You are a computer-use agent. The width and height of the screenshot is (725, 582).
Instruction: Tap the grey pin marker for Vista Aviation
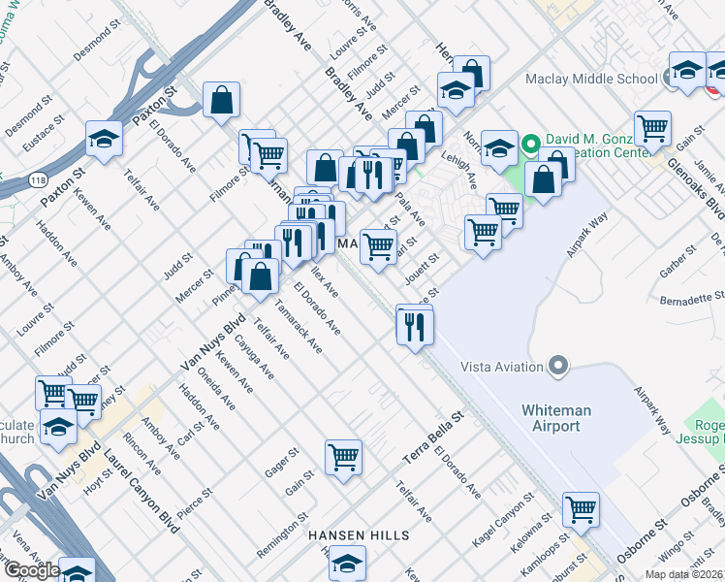pos(557,366)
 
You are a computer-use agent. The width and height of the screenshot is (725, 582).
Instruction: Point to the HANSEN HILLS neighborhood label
pos(359,535)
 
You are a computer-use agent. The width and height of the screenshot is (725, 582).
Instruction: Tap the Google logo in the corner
pos(31,569)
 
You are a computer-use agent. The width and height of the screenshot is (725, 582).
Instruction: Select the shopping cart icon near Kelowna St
pos(581,508)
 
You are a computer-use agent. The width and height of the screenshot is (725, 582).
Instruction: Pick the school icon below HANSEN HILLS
pos(347,562)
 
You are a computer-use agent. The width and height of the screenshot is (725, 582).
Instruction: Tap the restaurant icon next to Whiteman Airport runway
pos(414,325)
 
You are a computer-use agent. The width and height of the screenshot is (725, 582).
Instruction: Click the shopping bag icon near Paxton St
pos(222,99)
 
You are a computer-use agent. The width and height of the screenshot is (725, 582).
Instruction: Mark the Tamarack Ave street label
pos(298,325)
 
